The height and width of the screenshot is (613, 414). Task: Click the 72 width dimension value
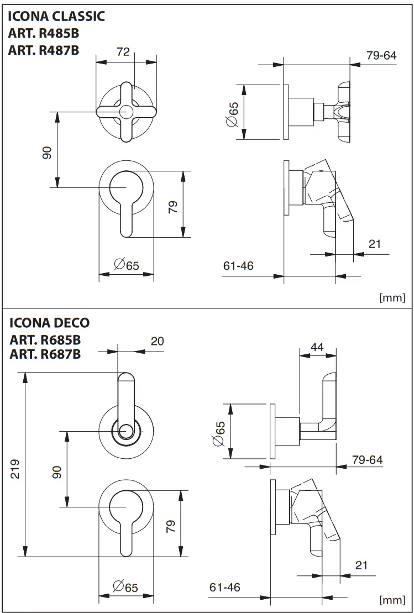(123, 52)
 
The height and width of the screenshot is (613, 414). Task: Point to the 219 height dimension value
(15, 469)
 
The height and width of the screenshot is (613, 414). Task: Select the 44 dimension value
(317, 347)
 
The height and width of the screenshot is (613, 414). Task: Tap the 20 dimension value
(158, 341)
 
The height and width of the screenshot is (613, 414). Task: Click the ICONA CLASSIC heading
(56, 17)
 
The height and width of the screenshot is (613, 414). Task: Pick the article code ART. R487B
(44, 50)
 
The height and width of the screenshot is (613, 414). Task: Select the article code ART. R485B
(44, 34)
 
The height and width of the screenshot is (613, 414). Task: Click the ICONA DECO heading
(50, 323)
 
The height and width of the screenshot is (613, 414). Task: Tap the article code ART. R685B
(45, 339)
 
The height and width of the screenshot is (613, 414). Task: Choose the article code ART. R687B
(45, 354)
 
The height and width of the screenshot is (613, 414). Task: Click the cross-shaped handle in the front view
(126, 112)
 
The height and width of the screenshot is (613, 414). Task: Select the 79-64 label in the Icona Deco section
(367, 460)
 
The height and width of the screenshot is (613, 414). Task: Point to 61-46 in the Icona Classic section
(238, 266)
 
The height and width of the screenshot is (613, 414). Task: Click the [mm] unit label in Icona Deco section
(392, 600)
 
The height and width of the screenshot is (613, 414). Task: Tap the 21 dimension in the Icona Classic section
(375, 243)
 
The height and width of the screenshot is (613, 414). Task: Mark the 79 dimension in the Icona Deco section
(171, 526)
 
